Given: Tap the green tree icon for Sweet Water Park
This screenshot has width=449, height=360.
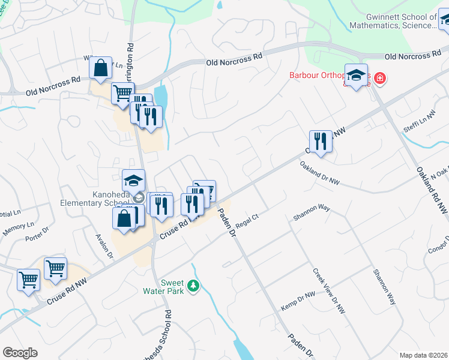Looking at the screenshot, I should (193, 287).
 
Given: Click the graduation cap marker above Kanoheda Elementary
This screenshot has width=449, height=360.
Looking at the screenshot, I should (133, 180).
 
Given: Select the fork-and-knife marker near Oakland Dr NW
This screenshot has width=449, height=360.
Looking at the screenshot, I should (321, 142).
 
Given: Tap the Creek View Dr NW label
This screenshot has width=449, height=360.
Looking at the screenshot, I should (329, 291).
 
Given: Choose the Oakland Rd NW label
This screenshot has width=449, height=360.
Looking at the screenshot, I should (433, 189).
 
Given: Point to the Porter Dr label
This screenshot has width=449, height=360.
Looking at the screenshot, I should (37, 236).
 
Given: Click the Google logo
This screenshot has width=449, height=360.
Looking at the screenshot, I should (20, 353).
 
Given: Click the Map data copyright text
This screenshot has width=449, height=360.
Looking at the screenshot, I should (423, 355).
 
